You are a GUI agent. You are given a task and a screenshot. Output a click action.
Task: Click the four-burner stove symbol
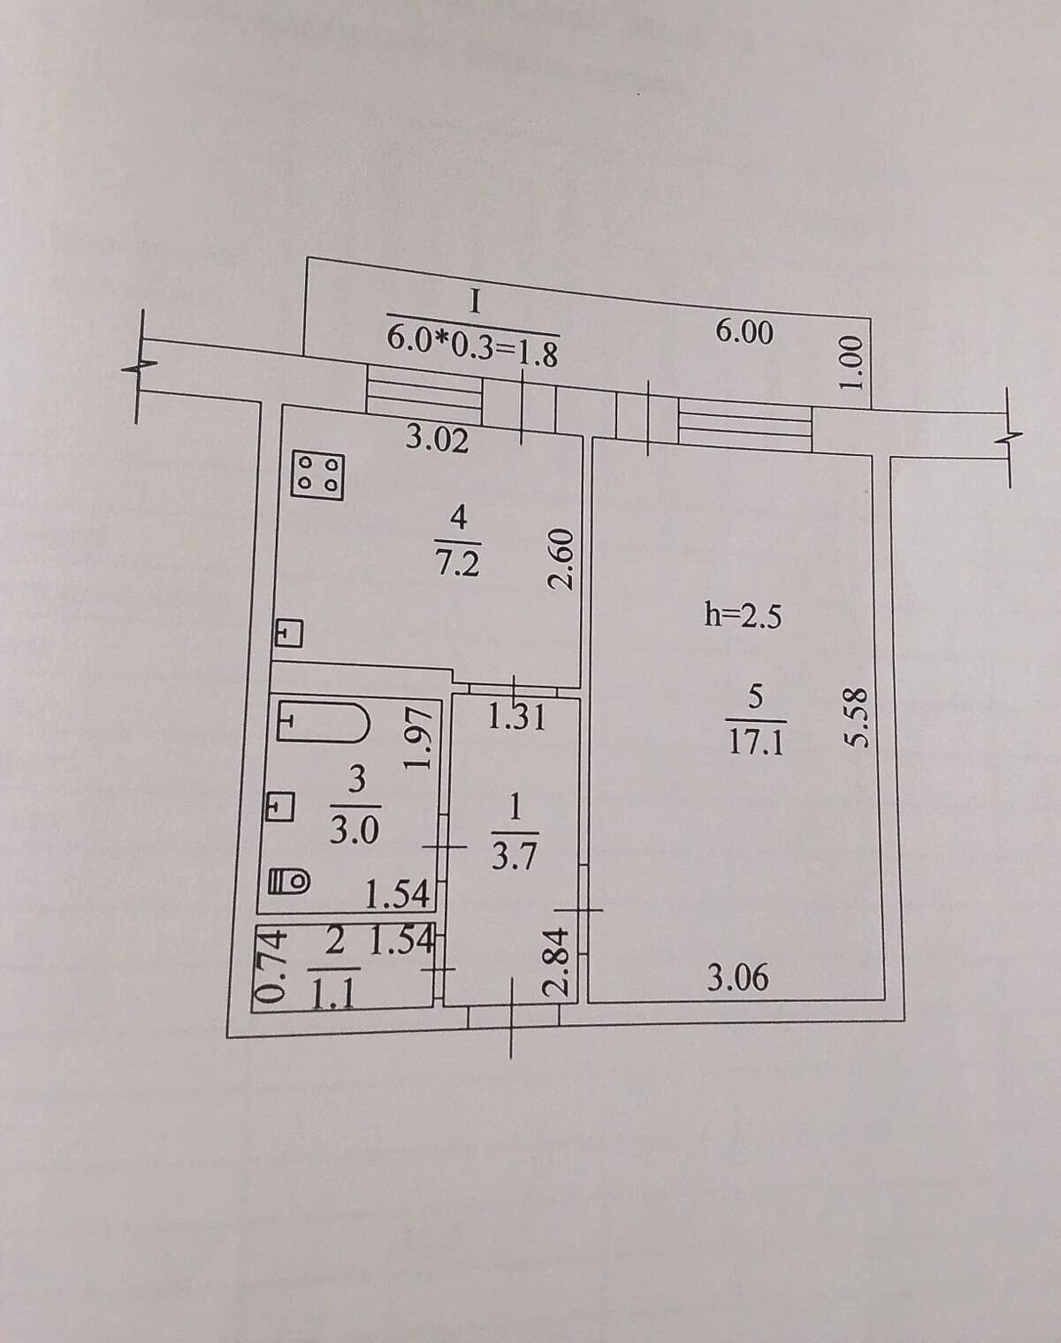318,476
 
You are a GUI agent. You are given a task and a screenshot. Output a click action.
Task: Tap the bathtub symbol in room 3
324,722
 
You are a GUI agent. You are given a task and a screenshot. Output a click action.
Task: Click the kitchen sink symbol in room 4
289,634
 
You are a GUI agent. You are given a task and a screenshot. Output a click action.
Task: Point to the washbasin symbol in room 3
280,809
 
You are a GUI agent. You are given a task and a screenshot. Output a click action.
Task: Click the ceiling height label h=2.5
743,617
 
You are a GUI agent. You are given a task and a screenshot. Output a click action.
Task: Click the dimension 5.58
854,717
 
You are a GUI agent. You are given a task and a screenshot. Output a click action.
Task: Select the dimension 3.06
737,977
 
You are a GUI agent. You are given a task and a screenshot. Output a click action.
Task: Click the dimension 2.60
561,559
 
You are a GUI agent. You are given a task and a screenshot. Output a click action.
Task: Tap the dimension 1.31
516,717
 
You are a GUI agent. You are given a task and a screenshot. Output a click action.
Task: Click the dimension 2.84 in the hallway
555,961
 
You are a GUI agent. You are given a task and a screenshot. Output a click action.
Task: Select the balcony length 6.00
744,332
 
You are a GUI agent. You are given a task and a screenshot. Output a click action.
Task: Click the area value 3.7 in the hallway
514,858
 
